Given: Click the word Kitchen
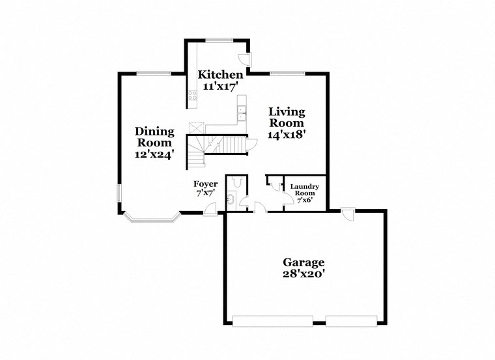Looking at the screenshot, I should [221, 74].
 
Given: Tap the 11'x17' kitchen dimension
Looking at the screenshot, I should [221, 85].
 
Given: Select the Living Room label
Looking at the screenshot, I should [287, 117].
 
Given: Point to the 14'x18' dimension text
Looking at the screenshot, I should [287, 134].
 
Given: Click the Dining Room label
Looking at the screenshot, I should [154, 137].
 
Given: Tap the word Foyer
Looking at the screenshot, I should [206, 184].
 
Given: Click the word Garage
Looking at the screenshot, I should [304, 262].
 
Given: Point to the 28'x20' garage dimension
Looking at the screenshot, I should [304, 274].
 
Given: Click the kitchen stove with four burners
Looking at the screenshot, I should [193, 98].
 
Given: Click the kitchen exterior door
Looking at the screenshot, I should [244, 57].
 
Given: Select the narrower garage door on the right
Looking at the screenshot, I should [352, 320].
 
